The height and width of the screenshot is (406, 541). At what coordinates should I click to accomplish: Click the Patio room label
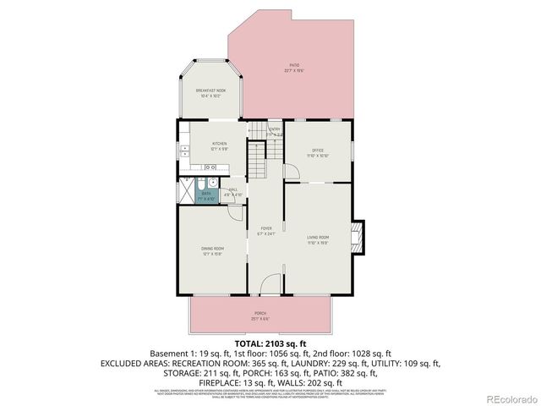click(x=292, y=68)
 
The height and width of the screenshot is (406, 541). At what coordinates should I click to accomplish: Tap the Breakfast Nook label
click(x=210, y=93)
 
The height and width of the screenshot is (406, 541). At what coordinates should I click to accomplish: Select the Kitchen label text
click(x=219, y=146)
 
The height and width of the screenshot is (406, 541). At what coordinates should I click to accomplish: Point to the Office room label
click(x=318, y=152)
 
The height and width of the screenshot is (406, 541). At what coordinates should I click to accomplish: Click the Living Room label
click(x=318, y=239)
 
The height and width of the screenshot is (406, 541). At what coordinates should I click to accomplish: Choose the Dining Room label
click(x=211, y=250)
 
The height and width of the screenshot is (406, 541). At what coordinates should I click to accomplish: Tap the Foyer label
click(x=266, y=231)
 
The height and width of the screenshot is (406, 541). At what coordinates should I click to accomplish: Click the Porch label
click(x=260, y=315)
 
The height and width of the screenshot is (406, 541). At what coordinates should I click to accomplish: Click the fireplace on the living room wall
click(x=358, y=238)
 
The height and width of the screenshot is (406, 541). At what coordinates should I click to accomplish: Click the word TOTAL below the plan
click(x=248, y=343)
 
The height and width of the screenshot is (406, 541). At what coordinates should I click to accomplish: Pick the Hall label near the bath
click(x=232, y=192)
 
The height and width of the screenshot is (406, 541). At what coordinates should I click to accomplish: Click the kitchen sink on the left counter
click(x=183, y=155)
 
